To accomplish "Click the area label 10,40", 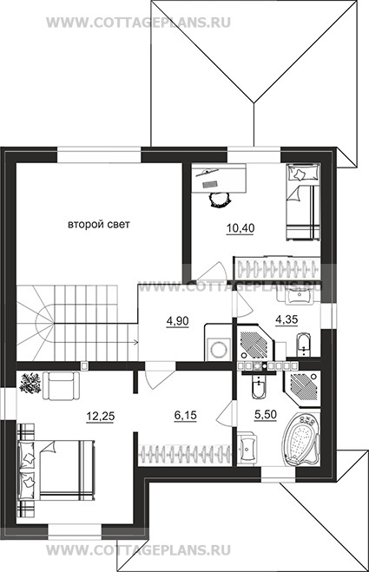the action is tap(240, 228).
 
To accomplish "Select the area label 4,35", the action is tap(287, 319).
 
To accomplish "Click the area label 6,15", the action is tap(185, 415).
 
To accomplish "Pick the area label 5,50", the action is tap(265, 414).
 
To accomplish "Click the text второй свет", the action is tap(99, 224).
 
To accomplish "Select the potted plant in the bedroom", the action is tap(30, 383).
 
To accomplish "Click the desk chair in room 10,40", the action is tap(220, 199).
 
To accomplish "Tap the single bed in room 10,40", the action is tap(302, 202).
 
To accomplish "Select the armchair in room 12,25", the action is tap(62, 386).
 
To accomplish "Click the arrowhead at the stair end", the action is tap(135, 342).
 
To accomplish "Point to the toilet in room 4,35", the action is tap(304, 344).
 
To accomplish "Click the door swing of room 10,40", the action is tap(215, 270).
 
